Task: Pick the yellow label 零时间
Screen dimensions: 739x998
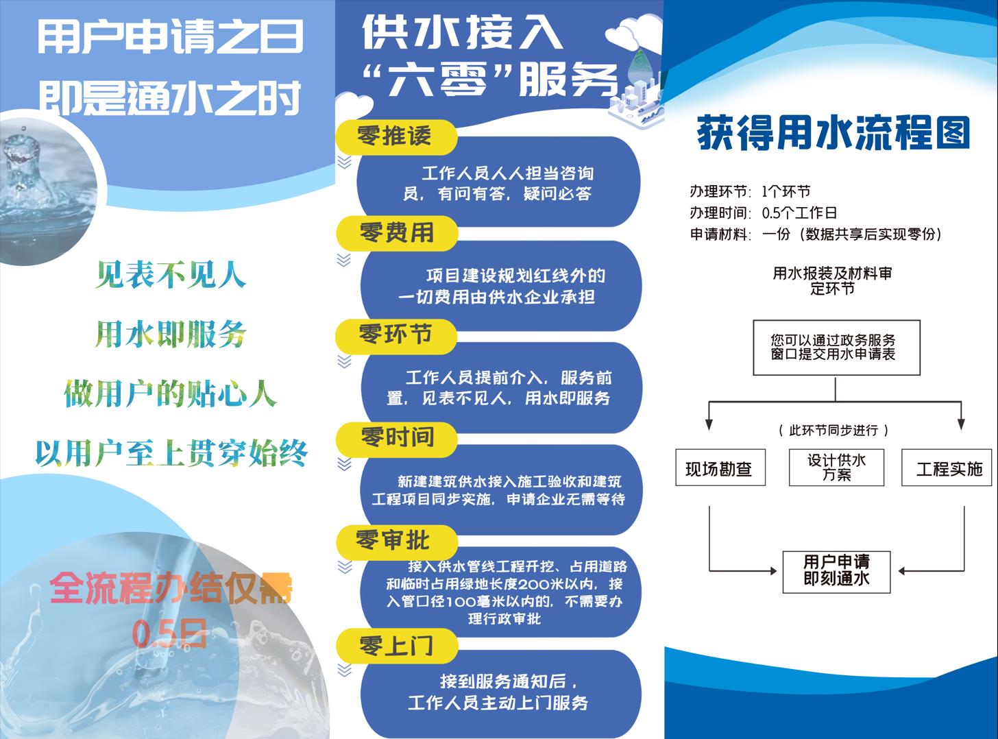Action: click(397, 437)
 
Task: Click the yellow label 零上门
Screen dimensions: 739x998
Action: click(395, 645)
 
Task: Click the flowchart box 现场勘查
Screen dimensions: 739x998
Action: click(720, 468)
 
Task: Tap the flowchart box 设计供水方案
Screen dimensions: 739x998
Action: click(836, 468)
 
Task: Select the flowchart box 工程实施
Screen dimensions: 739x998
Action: click(949, 468)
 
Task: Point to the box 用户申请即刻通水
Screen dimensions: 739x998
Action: click(836, 570)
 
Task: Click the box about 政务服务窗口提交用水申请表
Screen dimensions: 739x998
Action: click(836, 347)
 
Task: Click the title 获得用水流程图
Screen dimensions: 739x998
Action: click(833, 132)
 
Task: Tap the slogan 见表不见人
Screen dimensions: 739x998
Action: click(171, 275)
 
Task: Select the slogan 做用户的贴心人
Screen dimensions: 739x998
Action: click(170, 394)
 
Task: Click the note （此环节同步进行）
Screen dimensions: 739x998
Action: click(833, 431)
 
